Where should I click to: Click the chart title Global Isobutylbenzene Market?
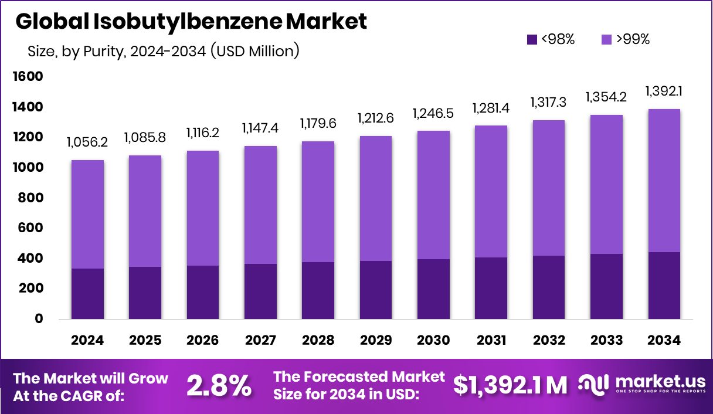[x=191, y=22]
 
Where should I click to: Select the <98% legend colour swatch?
[x=532, y=40]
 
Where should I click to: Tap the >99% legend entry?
[x=626, y=40]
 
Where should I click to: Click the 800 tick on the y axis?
[x=30, y=198]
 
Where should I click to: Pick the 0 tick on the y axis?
[x=39, y=319]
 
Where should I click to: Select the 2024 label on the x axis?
[x=87, y=341]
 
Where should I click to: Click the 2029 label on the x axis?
[x=376, y=341]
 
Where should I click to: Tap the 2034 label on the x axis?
[x=664, y=341]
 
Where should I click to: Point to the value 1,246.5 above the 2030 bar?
[x=433, y=113]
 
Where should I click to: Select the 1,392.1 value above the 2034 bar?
[x=664, y=91]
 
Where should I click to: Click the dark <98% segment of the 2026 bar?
[x=203, y=292]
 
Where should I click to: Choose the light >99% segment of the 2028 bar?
[x=318, y=201]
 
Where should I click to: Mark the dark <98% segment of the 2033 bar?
[x=607, y=286]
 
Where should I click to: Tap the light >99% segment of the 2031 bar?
[x=491, y=191]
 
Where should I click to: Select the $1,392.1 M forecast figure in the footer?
[x=510, y=385]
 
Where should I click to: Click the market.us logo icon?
[x=593, y=384]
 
